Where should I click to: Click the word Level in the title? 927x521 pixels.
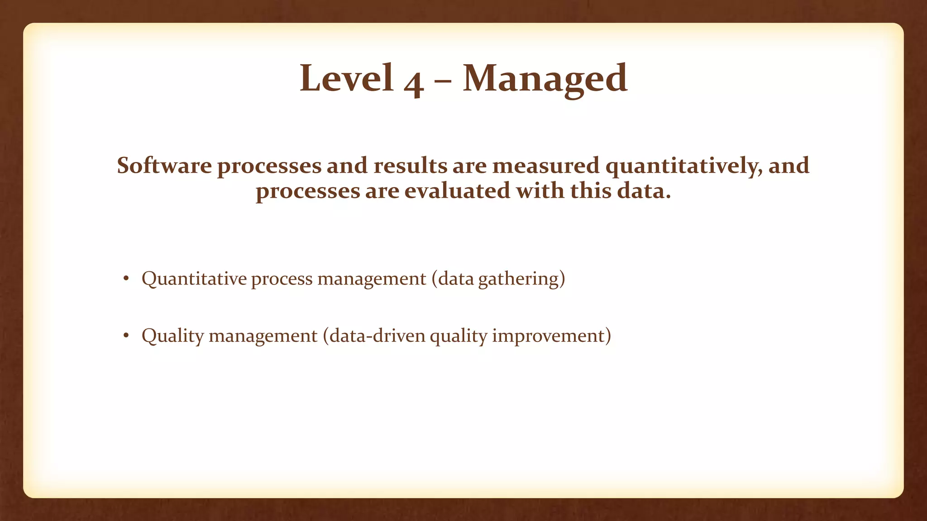(x=346, y=78)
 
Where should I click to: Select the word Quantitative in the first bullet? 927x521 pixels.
(x=194, y=279)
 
